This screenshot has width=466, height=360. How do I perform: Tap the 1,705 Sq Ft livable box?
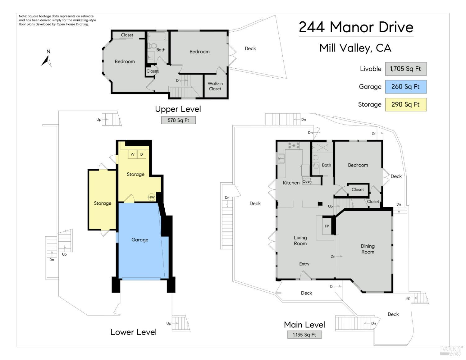point(405,69)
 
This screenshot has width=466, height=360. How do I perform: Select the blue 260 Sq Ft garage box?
point(405,87)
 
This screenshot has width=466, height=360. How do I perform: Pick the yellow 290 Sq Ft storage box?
point(405,104)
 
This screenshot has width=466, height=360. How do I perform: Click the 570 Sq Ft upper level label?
point(178,120)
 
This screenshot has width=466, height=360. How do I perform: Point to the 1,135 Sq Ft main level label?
point(304,335)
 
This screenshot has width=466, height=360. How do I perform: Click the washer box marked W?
point(133,154)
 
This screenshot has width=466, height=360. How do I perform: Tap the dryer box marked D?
point(141,154)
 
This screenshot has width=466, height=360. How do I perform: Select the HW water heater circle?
point(151,197)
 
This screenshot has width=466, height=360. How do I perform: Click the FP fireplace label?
point(327,226)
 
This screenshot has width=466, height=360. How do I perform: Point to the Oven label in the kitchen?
point(307,181)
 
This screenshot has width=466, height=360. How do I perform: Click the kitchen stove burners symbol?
point(294,145)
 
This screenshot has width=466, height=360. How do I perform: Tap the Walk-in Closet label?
point(215,86)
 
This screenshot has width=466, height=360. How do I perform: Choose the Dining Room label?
point(368,249)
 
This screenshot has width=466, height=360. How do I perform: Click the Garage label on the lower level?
point(140,240)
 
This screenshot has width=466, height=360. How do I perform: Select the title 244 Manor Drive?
point(356,27)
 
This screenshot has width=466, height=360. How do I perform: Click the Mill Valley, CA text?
point(355,48)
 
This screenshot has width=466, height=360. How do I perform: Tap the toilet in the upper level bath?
point(152,46)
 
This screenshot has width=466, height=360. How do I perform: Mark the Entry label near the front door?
point(304,264)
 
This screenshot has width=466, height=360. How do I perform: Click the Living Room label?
point(300,240)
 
